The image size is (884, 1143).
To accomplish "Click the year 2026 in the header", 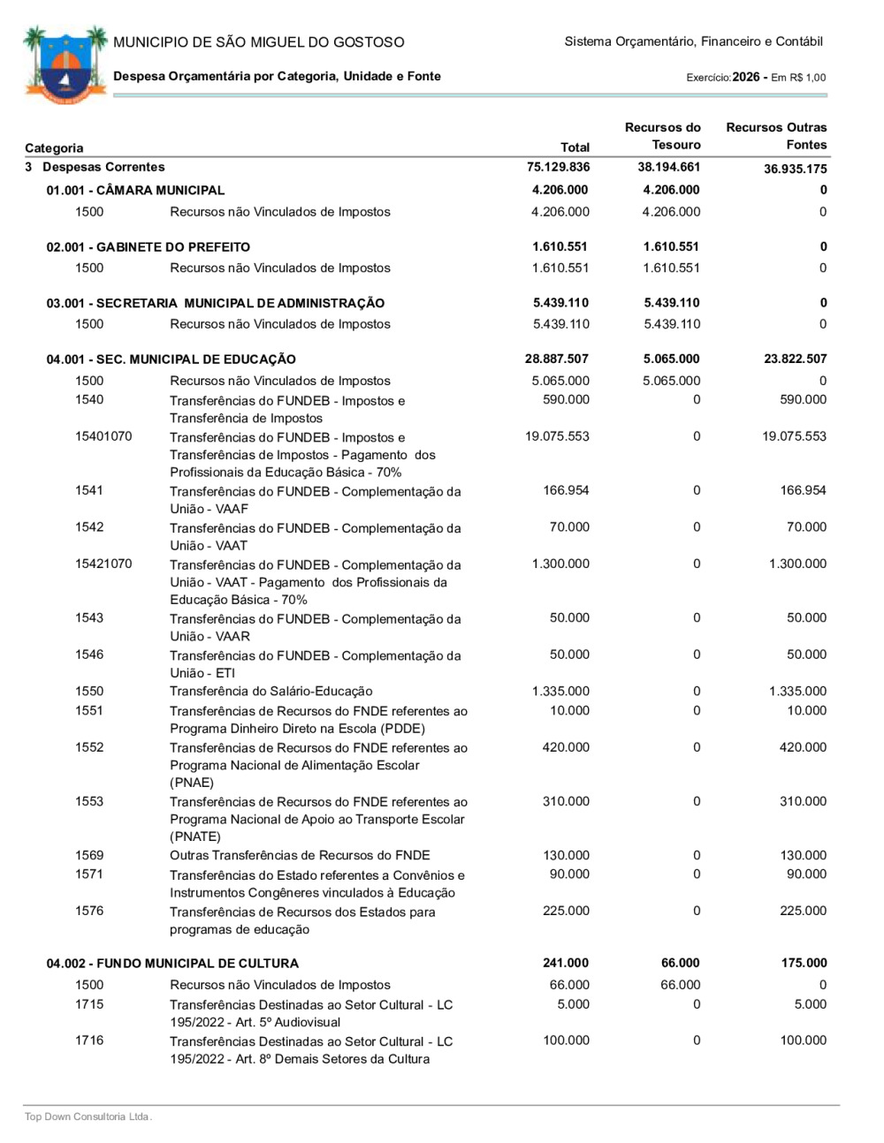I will (746, 77).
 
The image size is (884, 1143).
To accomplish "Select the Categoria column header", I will (54, 148).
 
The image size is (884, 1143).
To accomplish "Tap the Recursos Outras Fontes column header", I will (776, 136).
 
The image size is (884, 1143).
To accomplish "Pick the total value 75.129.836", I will (559, 167).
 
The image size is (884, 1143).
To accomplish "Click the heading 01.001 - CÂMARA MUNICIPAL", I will (135, 190).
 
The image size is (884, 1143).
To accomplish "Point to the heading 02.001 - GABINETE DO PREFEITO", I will (149, 246).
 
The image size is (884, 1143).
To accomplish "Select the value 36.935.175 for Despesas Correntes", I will (796, 169).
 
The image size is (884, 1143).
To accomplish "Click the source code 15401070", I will (103, 436).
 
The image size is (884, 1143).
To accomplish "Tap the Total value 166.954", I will (566, 490).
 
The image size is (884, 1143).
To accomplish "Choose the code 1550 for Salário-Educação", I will (89, 691).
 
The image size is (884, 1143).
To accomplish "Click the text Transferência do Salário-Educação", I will (271, 691).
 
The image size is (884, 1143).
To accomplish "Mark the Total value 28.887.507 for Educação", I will (557, 359).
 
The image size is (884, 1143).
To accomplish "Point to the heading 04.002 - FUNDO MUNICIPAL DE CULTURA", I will (172, 963).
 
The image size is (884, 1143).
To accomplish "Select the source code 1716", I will (89, 1040).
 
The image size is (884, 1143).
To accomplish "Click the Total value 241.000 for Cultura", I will (566, 963).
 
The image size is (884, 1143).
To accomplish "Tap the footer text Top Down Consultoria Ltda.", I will (88, 1117).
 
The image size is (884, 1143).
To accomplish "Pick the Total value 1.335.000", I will (560, 691).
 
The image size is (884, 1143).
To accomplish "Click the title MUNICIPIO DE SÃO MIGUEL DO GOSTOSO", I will (259, 42).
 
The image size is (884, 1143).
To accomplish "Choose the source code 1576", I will (89, 911).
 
